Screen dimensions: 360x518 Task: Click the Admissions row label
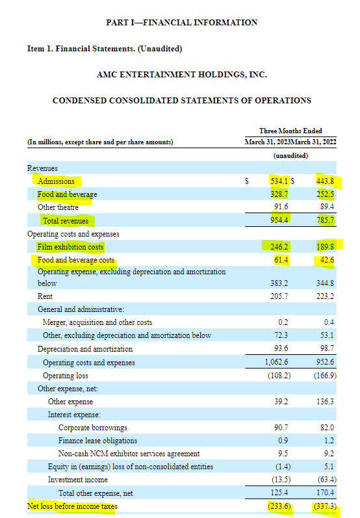(x=56, y=181)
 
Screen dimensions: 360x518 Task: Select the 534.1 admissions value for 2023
(x=279, y=181)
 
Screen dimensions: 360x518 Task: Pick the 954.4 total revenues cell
(x=279, y=221)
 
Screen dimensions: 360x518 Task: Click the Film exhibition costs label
(x=70, y=247)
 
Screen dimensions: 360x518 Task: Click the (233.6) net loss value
(x=278, y=506)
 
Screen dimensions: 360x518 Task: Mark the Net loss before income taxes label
(x=72, y=506)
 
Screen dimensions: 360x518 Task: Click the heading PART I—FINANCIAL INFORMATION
(x=181, y=22)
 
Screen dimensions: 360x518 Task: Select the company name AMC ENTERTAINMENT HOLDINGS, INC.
(x=181, y=75)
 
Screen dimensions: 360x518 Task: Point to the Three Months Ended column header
(x=290, y=131)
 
